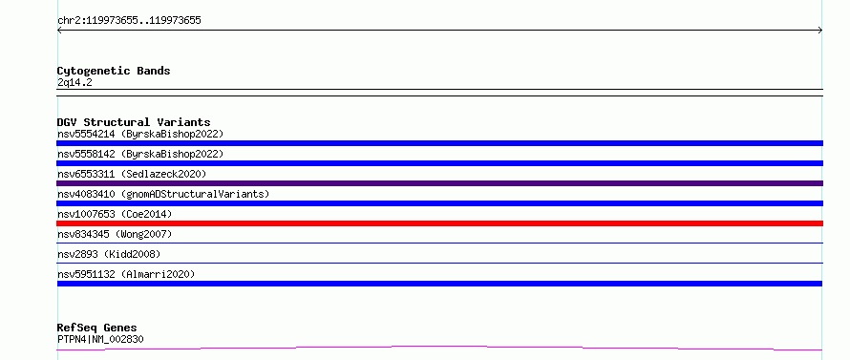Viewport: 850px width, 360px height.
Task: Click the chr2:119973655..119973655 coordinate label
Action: click(129, 21)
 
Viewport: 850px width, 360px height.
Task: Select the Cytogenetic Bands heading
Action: click(114, 71)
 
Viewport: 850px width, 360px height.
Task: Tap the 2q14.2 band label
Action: click(74, 82)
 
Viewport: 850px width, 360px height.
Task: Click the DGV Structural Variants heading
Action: click(134, 122)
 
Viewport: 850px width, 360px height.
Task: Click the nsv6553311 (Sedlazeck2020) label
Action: click(132, 174)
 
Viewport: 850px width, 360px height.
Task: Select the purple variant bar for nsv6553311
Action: click(439, 183)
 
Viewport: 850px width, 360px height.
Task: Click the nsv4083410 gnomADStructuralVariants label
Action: click(163, 194)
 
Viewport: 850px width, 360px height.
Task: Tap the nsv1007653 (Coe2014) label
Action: click(115, 214)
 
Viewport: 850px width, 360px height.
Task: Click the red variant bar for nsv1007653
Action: click(439, 223)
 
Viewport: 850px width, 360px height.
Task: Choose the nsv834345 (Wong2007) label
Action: click(115, 234)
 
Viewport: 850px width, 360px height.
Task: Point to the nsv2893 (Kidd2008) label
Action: click(109, 254)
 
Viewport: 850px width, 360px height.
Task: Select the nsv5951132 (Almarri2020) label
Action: click(126, 274)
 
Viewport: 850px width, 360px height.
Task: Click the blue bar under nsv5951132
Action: click(439, 284)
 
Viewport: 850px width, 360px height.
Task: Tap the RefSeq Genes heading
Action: click(97, 328)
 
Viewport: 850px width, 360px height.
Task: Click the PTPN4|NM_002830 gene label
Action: click(100, 339)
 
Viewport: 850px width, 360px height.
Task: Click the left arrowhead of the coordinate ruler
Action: click(57, 31)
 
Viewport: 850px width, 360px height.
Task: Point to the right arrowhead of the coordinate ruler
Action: click(821, 31)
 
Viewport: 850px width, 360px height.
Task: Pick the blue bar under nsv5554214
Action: click(439, 143)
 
